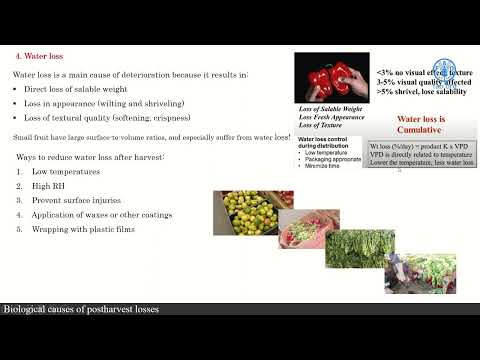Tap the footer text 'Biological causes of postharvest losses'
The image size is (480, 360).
[80, 310]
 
